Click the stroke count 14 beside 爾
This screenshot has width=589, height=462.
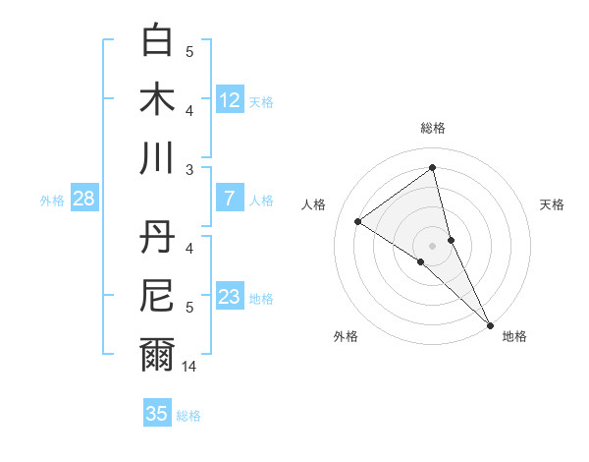[x=190, y=366]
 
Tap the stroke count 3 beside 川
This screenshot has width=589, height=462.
[x=190, y=170]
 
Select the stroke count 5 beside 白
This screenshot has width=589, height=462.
[x=190, y=52]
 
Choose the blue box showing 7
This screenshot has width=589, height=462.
[x=230, y=200]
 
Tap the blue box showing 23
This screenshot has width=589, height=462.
[x=230, y=298]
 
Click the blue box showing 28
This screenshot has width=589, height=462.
[x=84, y=200]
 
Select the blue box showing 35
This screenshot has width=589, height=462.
[x=157, y=414]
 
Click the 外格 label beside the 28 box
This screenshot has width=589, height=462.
[x=52, y=201]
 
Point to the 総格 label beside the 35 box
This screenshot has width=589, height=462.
[x=188, y=416]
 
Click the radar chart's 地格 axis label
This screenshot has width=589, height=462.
[x=514, y=336]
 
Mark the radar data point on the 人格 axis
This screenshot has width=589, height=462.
[x=358, y=221]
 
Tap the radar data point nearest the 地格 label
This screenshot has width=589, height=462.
[x=490, y=324]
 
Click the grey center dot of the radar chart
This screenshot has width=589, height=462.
[x=432, y=244]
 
